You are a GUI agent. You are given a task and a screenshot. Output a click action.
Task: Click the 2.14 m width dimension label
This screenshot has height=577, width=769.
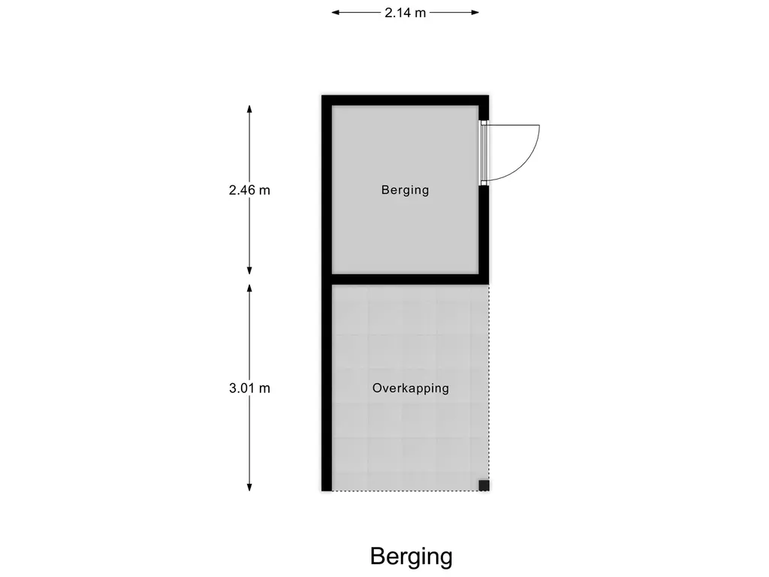pyautogui.click(x=406, y=13)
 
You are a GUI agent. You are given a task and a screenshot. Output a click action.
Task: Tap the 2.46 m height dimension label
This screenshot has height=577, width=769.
pyautogui.click(x=249, y=190)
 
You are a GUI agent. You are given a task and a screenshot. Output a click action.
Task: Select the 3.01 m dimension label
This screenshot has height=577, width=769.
pyautogui.click(x=249, y=388)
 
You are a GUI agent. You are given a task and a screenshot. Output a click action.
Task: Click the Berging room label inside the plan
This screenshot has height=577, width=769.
pyautogui.click(x=405, y=190)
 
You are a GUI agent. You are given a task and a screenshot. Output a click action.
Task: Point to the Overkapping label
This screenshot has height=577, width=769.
pyautogui.click(x=410, y=388)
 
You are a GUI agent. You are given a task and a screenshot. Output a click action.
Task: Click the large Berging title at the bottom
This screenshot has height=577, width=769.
pyautogui.click(x=411, y=557)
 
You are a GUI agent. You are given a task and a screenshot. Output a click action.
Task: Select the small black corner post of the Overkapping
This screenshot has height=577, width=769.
pyautogui.click(x=484, y=485)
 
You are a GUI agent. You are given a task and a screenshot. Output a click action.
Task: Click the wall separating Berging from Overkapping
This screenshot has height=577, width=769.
pyautogui.click(x=406, y=279)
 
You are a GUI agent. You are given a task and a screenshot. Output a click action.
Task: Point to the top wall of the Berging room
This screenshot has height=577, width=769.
pyautogui.click(x=406, y=101)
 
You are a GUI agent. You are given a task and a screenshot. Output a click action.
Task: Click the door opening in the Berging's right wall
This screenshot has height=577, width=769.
pyautogui.click(x=484, y=153)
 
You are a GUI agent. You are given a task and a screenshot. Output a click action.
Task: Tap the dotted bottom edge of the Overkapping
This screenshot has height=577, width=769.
pyautogui.click(x=406, y=491)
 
